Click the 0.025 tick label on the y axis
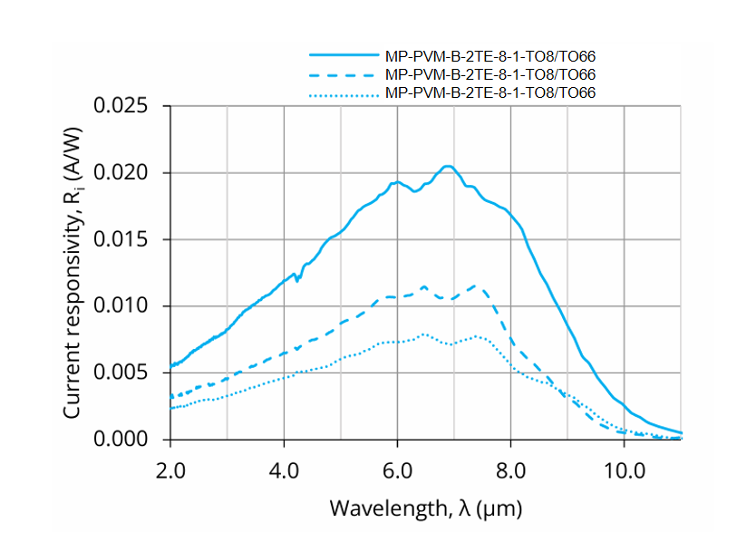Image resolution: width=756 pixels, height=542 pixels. [126, 107]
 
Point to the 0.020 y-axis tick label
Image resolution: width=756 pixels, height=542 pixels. [126, 173]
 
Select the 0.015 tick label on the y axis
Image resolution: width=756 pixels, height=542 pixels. [126, 240]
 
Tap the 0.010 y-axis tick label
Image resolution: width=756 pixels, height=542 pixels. [126, 306]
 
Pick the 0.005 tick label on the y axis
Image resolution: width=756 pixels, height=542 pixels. [126, 373]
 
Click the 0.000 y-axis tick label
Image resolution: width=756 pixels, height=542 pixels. [126, 440]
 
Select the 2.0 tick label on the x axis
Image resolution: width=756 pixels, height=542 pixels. [170, 470]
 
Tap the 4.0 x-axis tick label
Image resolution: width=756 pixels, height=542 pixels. [284, 470]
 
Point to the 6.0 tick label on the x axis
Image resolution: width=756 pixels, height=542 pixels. [397, 470]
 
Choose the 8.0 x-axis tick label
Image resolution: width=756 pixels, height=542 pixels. [510, 470]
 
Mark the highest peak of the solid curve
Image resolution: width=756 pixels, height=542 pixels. [446, 166]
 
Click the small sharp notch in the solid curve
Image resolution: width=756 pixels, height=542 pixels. [296, 280]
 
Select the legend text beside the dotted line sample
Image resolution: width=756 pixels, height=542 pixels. [490, 93]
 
